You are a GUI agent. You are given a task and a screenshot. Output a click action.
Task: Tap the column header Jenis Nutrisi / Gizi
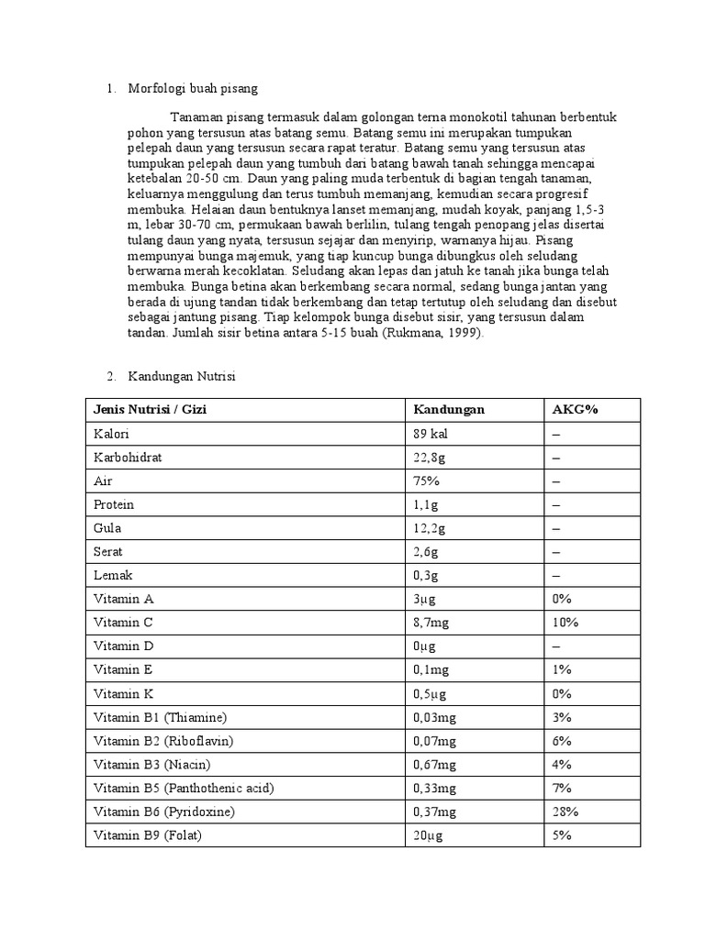(150, 409)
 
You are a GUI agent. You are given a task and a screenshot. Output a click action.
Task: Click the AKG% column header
(575, 409)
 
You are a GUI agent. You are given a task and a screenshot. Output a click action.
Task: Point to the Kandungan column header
(448, 409)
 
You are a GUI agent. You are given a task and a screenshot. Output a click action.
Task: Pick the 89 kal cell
(431, 434)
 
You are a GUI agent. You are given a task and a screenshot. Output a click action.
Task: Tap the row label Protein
(114, 505)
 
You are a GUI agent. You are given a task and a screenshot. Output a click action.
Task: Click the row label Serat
(108, 553)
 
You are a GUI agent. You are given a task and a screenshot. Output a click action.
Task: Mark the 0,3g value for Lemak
(426, 576)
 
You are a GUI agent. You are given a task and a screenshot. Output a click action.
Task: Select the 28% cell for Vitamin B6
(565, 812)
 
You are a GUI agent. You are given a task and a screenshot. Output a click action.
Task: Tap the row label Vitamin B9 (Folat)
(147, 835)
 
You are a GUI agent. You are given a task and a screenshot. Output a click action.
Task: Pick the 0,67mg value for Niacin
(434, 765)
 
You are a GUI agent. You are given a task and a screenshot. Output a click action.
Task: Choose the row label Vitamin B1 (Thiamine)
(159, 717)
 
